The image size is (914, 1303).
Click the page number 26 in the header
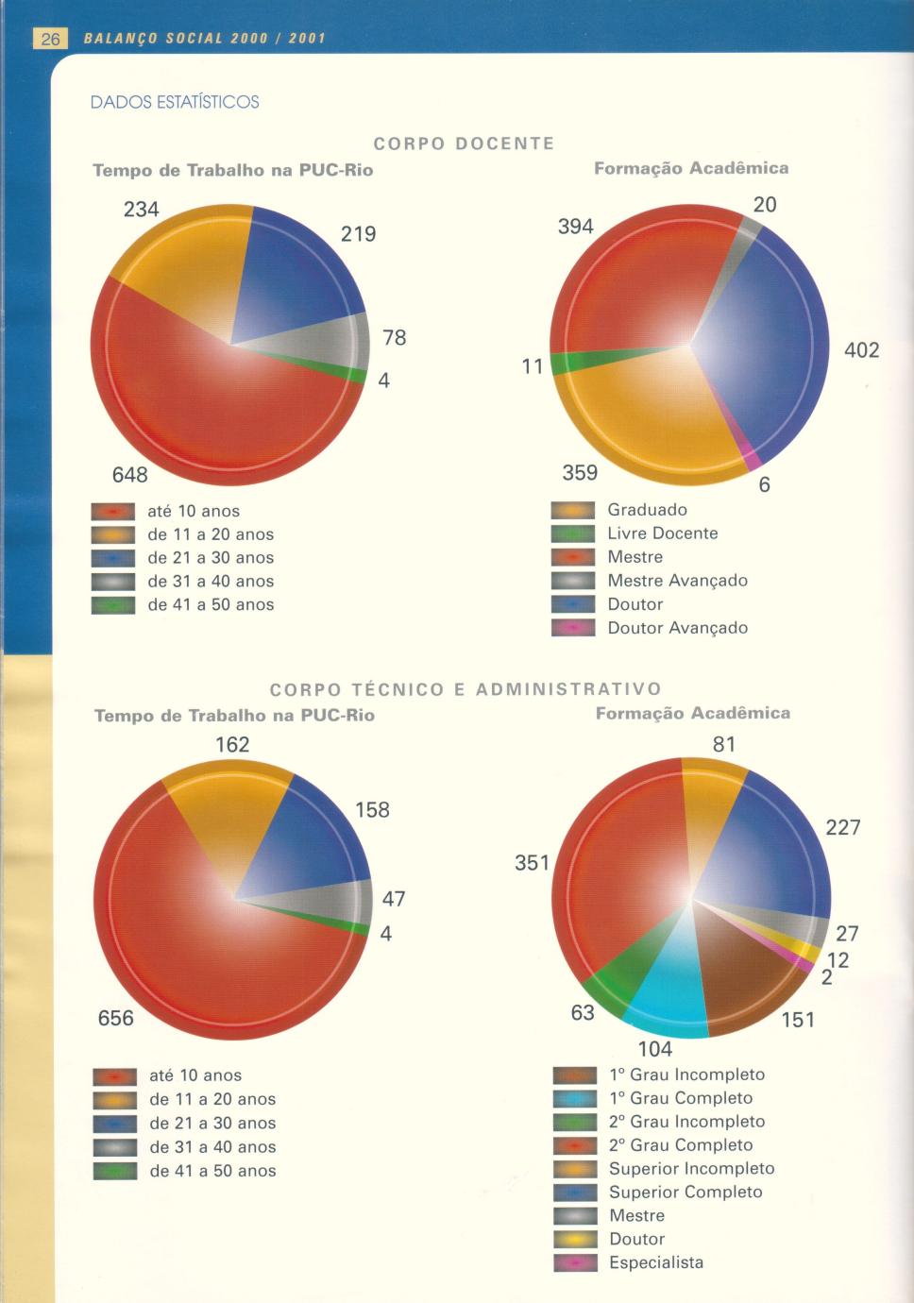coord(50,39)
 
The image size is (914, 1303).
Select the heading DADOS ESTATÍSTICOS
coord(175,102)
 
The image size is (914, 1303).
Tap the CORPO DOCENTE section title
coord(464,144)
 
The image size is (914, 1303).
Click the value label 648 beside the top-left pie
coord(130,474)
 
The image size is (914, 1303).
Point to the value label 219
coord(359,233)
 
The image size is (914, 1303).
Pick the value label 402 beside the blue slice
coord(861,350)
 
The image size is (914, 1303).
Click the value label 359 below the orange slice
coord(580,472)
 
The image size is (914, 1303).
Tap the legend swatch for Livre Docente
coord(572,534)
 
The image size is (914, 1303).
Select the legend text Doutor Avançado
coord(677,628)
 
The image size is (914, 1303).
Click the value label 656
coord(116,1018)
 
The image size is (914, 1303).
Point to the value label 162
coord(232,744)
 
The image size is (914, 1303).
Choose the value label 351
coord(532,862)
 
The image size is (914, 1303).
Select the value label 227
coord(843,827)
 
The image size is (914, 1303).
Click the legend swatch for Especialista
coord(575,1263)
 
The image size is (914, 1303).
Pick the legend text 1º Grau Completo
coord(681,1098)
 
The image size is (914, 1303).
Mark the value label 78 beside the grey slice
coord(395,337)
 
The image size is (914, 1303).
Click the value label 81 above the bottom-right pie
coord(724,744)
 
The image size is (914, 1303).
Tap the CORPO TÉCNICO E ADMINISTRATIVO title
coord(465,689)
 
